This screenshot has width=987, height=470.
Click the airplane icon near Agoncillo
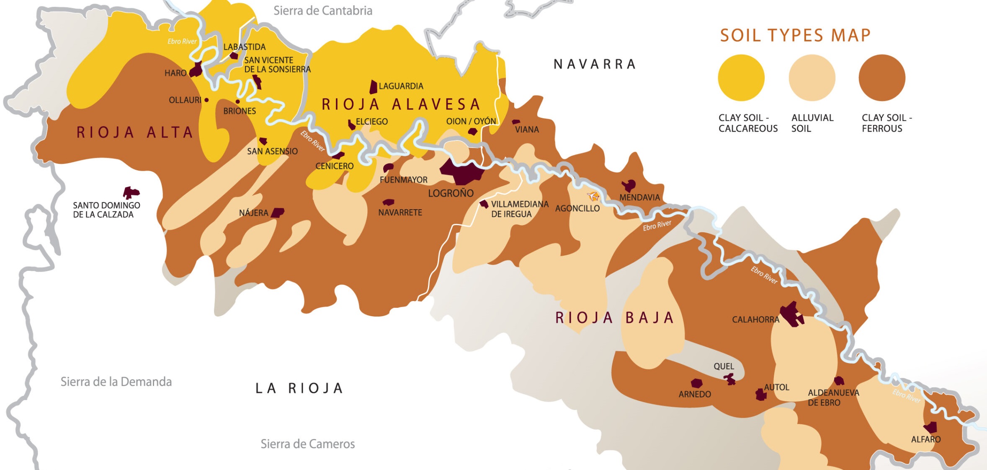click(x=593, y=196)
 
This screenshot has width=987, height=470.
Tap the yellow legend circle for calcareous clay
click(x=741, y=78)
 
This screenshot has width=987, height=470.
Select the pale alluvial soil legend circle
click(x=812, y=78)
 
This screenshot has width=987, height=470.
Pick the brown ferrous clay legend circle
click(x=882, y=78)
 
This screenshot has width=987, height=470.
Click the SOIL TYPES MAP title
click(x=795, y=35)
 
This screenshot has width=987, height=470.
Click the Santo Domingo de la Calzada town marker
click(x=131, y=193)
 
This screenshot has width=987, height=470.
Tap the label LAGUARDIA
click(x=401, y=86)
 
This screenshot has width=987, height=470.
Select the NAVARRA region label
click(x=595, y=64)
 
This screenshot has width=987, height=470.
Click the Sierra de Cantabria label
click(x=322, y=10)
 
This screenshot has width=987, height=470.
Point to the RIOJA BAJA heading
click(x=614, y=318)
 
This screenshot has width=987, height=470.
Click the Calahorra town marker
click(x=791, y=314)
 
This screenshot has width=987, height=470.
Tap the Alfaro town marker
click(x=931, y=428)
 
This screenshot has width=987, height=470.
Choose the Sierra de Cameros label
click(x=307, y=444)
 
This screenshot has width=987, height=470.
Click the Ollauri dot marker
click(x=206, y=100)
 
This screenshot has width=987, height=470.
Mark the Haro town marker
click(x=196, y=70)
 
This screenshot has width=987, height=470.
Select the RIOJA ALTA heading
click(x=134, y=132)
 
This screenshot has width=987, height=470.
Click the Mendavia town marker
click(x=629, y=185)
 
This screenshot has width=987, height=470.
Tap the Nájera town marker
click(x=278, y=213)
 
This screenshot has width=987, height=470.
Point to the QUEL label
click(x=724, y=366)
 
